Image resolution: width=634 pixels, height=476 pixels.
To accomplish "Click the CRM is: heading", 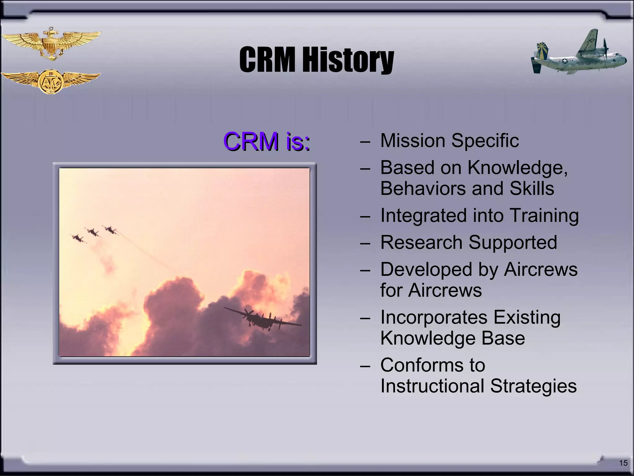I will coord(267,141).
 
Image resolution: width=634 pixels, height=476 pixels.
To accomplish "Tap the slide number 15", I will coord(623,463).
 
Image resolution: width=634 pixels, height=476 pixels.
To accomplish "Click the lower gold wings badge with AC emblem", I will coord(50,81).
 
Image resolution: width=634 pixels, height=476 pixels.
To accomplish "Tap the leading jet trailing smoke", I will coord(110,230).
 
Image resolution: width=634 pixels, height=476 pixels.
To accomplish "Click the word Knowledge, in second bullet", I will coord(517,168).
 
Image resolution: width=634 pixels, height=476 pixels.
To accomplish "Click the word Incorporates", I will coord(433,317).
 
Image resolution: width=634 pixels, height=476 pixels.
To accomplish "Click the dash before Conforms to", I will coord(365,366).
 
